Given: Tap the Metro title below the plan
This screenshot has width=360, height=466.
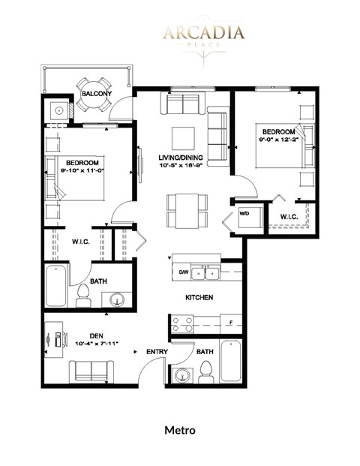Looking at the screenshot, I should pos(180,430).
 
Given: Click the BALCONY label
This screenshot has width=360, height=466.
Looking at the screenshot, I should pos(97,94).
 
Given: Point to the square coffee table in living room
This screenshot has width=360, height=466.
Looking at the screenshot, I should pos(184,137).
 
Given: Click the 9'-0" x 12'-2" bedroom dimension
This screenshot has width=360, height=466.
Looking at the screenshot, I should pos(279,137).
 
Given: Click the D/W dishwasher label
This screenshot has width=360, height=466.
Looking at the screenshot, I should pos(184,272).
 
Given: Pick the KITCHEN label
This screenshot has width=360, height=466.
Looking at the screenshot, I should pos(200,298).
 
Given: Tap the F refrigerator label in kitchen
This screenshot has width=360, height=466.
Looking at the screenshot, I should pos(231,323).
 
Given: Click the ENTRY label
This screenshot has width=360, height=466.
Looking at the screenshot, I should pos(157,350).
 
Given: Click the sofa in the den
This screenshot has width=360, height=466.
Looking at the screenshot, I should pos(92,371).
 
